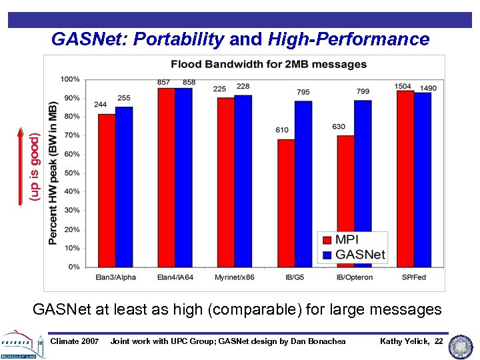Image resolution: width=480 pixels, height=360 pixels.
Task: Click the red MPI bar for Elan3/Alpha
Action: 106,190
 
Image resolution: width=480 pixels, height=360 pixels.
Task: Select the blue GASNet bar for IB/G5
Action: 303,183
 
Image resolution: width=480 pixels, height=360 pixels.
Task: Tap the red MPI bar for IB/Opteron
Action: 345,200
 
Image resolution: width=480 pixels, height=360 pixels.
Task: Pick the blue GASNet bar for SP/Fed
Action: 423,179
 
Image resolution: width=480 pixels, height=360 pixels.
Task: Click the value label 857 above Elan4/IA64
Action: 163,82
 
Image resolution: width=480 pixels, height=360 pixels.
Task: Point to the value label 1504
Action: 403,86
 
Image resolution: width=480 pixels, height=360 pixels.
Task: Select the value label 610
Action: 282,130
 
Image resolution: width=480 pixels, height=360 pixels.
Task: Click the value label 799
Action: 363,91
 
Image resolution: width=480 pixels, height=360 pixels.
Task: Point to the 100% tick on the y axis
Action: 70,79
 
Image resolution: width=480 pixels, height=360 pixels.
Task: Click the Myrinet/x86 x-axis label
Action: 233,277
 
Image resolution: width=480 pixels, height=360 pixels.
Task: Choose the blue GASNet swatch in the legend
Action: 327,255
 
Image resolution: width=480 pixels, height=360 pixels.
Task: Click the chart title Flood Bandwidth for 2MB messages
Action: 269,65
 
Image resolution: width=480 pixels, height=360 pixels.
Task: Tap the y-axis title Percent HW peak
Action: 53,173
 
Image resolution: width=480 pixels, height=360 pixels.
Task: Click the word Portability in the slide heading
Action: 179,39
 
